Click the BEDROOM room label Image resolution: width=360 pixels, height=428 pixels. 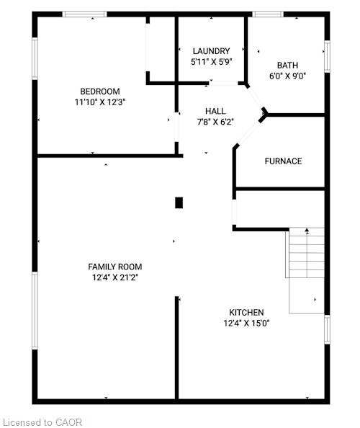[100, 92]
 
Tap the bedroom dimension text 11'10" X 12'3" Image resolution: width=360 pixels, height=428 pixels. [100, 102]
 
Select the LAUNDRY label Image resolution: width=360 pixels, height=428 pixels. [211, 51]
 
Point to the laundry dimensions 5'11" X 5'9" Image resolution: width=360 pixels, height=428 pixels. [211, 62]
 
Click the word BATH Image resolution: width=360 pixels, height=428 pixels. [287, 66]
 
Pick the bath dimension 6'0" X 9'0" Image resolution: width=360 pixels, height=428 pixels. [287, 76]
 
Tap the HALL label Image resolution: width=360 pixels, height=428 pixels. [215, 111]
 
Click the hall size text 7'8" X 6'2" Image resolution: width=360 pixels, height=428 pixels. [215, 122]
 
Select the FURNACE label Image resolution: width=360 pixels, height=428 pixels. [283, 161]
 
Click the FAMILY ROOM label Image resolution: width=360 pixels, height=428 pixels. [114, 267]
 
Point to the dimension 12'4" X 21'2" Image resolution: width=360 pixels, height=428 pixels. [114, 277]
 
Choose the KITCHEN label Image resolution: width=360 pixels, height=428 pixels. [246, 312]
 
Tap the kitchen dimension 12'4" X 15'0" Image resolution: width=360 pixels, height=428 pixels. [246, 324]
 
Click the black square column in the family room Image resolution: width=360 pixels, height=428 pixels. [179, 202]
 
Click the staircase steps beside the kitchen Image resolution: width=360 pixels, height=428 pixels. [305, 252]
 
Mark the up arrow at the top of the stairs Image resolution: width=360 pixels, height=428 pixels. [307, 231]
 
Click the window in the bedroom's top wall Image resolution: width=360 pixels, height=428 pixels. [84, 14]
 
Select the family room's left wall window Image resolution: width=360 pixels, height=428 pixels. [35, 311]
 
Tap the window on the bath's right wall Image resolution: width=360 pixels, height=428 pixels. [327, 56]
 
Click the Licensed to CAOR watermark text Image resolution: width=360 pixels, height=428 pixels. [44, 422]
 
